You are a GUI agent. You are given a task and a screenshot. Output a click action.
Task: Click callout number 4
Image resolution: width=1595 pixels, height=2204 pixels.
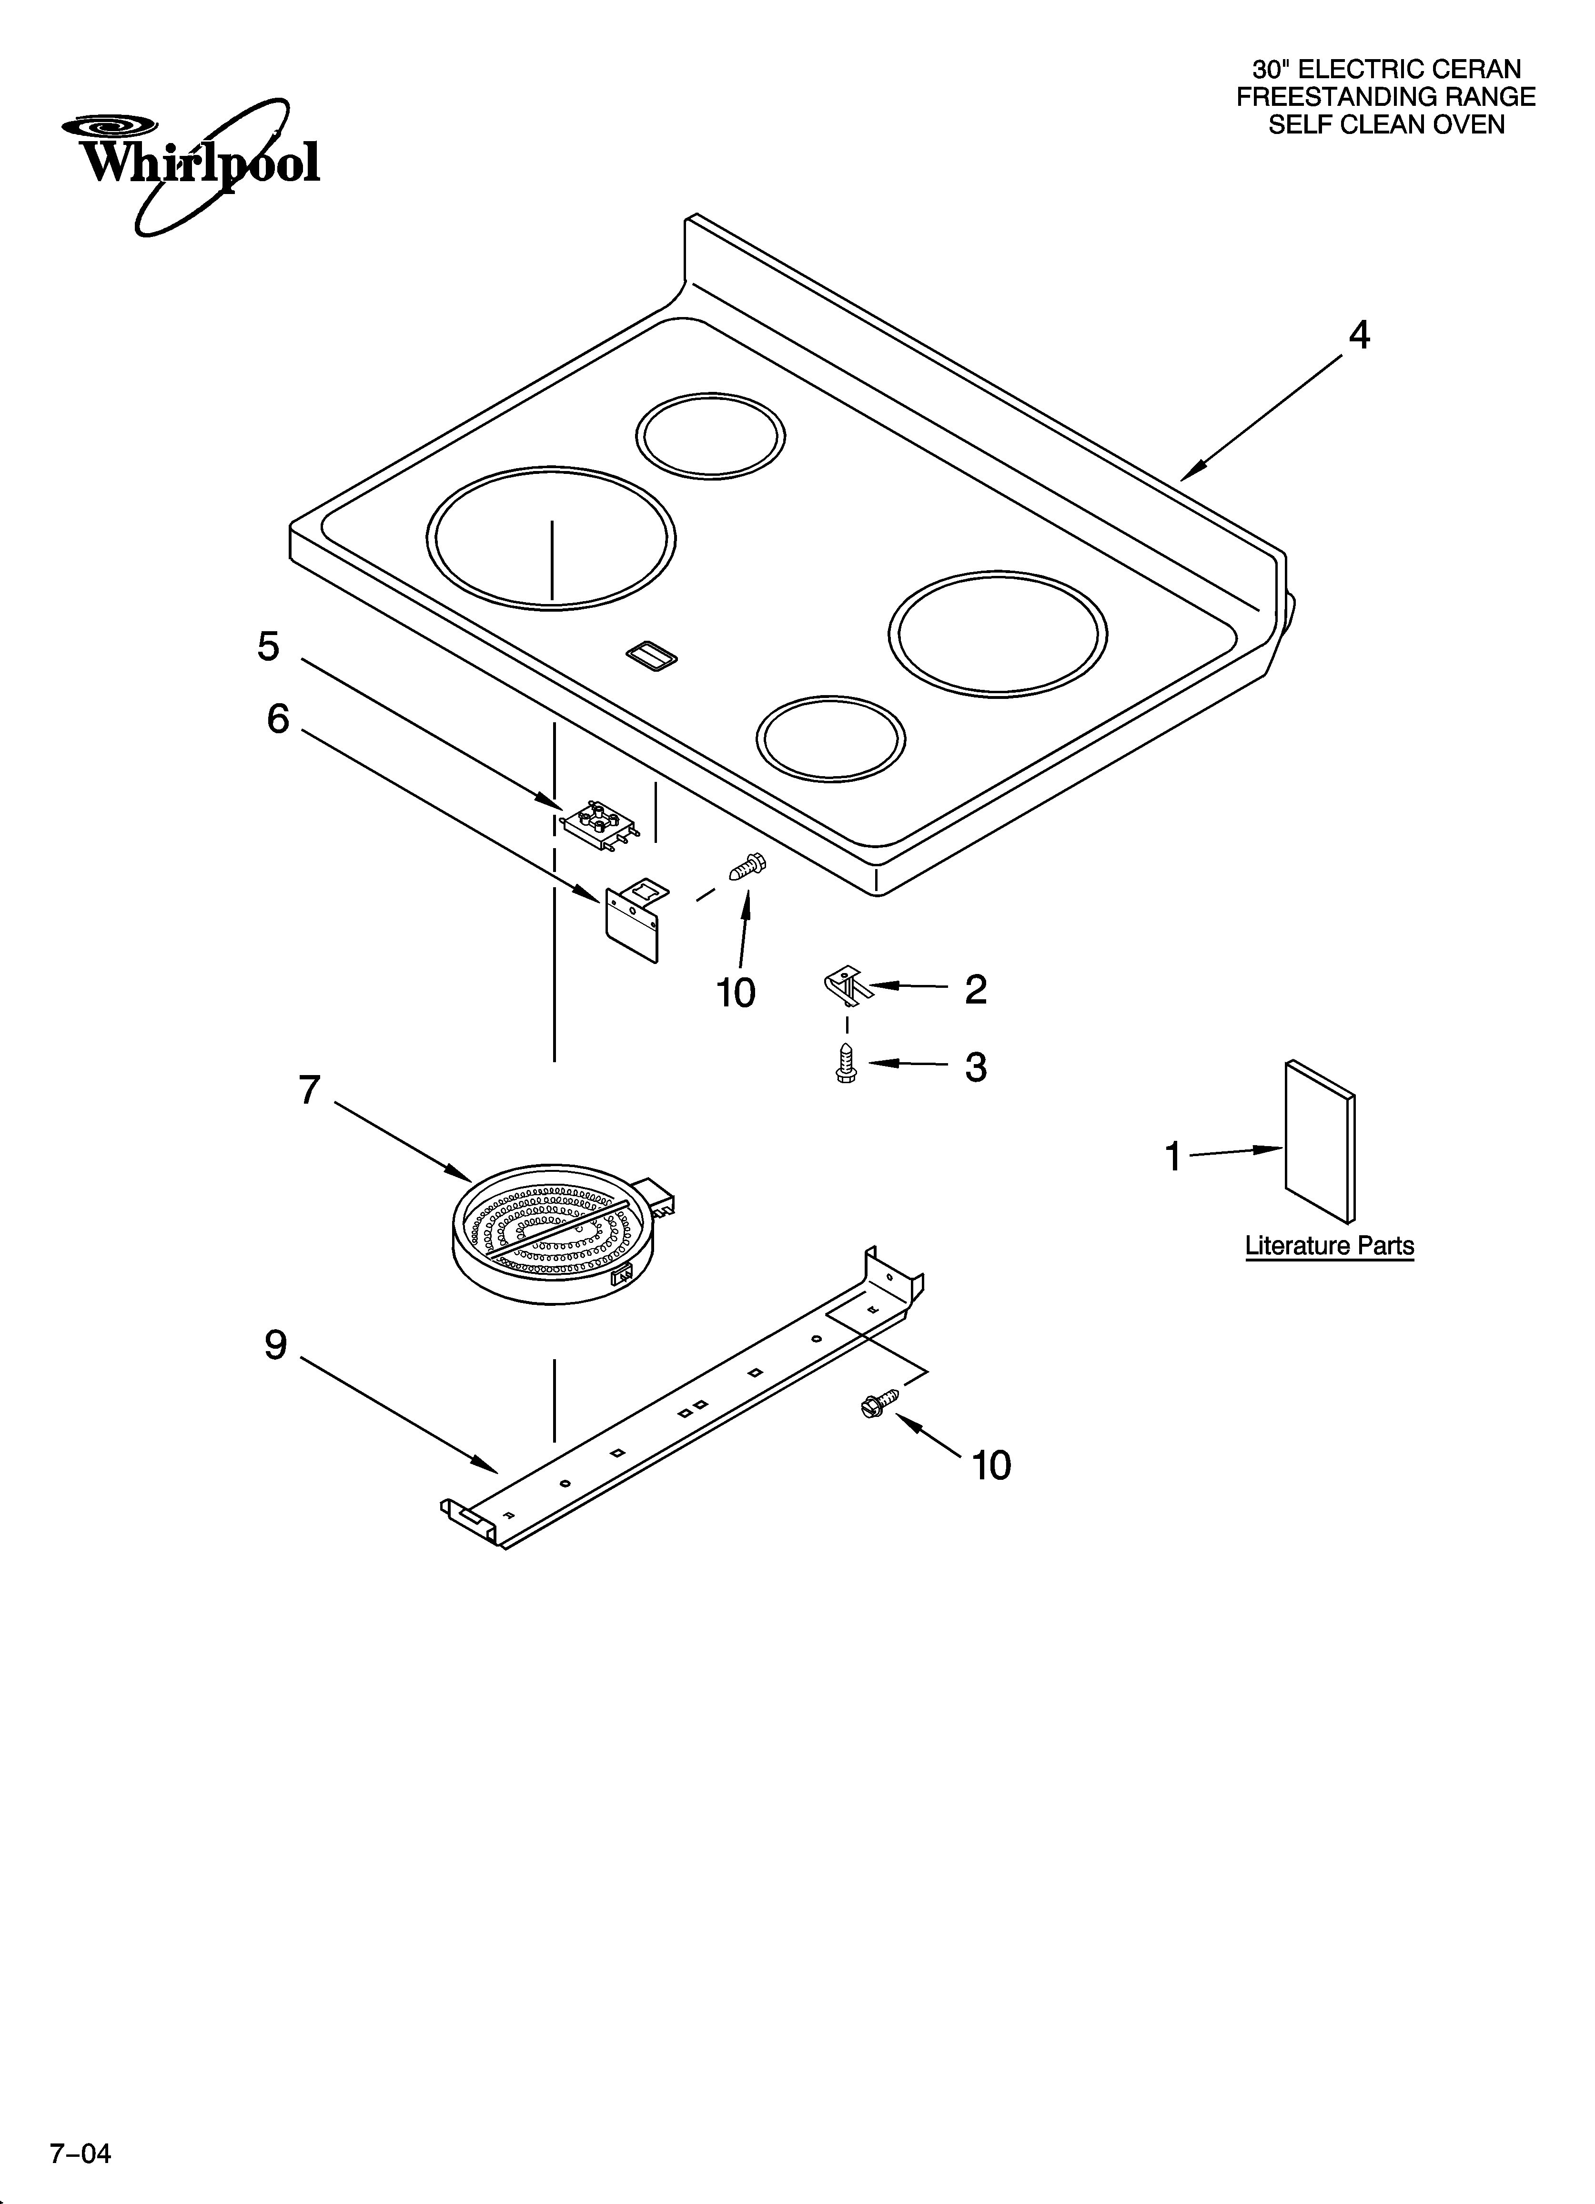(1359, 335)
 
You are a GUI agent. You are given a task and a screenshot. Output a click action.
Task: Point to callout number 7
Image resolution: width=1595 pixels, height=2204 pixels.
(309, 1090)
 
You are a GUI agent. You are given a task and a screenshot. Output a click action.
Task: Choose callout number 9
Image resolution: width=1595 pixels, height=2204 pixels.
(276, 1345)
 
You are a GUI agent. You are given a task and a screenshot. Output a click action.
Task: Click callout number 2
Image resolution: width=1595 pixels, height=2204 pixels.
(975, 989)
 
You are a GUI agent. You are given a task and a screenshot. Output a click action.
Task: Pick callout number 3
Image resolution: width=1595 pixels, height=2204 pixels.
(975, 1067)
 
